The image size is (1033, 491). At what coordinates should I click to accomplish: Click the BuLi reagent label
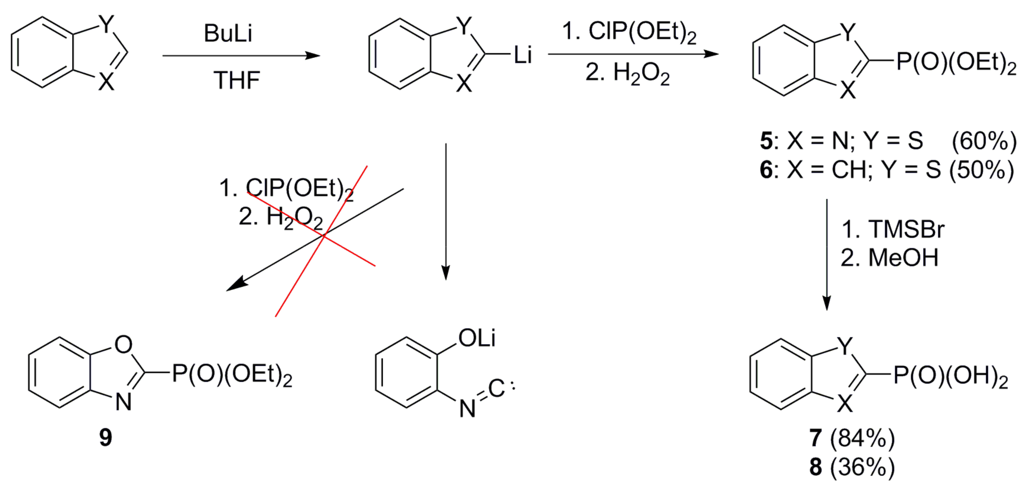tap(228, 34)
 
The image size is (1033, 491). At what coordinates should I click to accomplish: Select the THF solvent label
tap(237, 80)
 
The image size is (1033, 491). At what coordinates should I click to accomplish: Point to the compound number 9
tap(105, 437)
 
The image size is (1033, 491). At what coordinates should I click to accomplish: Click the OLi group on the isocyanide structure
tap(477, 338)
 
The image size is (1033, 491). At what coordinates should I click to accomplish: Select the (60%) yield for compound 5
tap(984, 141)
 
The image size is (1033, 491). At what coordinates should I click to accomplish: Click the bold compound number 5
tap(766, 141)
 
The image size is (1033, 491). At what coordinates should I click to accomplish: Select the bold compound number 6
tap(766, 170)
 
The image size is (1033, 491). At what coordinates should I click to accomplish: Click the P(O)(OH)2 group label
tap(951, 377)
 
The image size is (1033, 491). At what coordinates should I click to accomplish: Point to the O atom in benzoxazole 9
tap(123, 344)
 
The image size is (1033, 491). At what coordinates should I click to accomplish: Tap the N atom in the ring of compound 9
tap(124, 402)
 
